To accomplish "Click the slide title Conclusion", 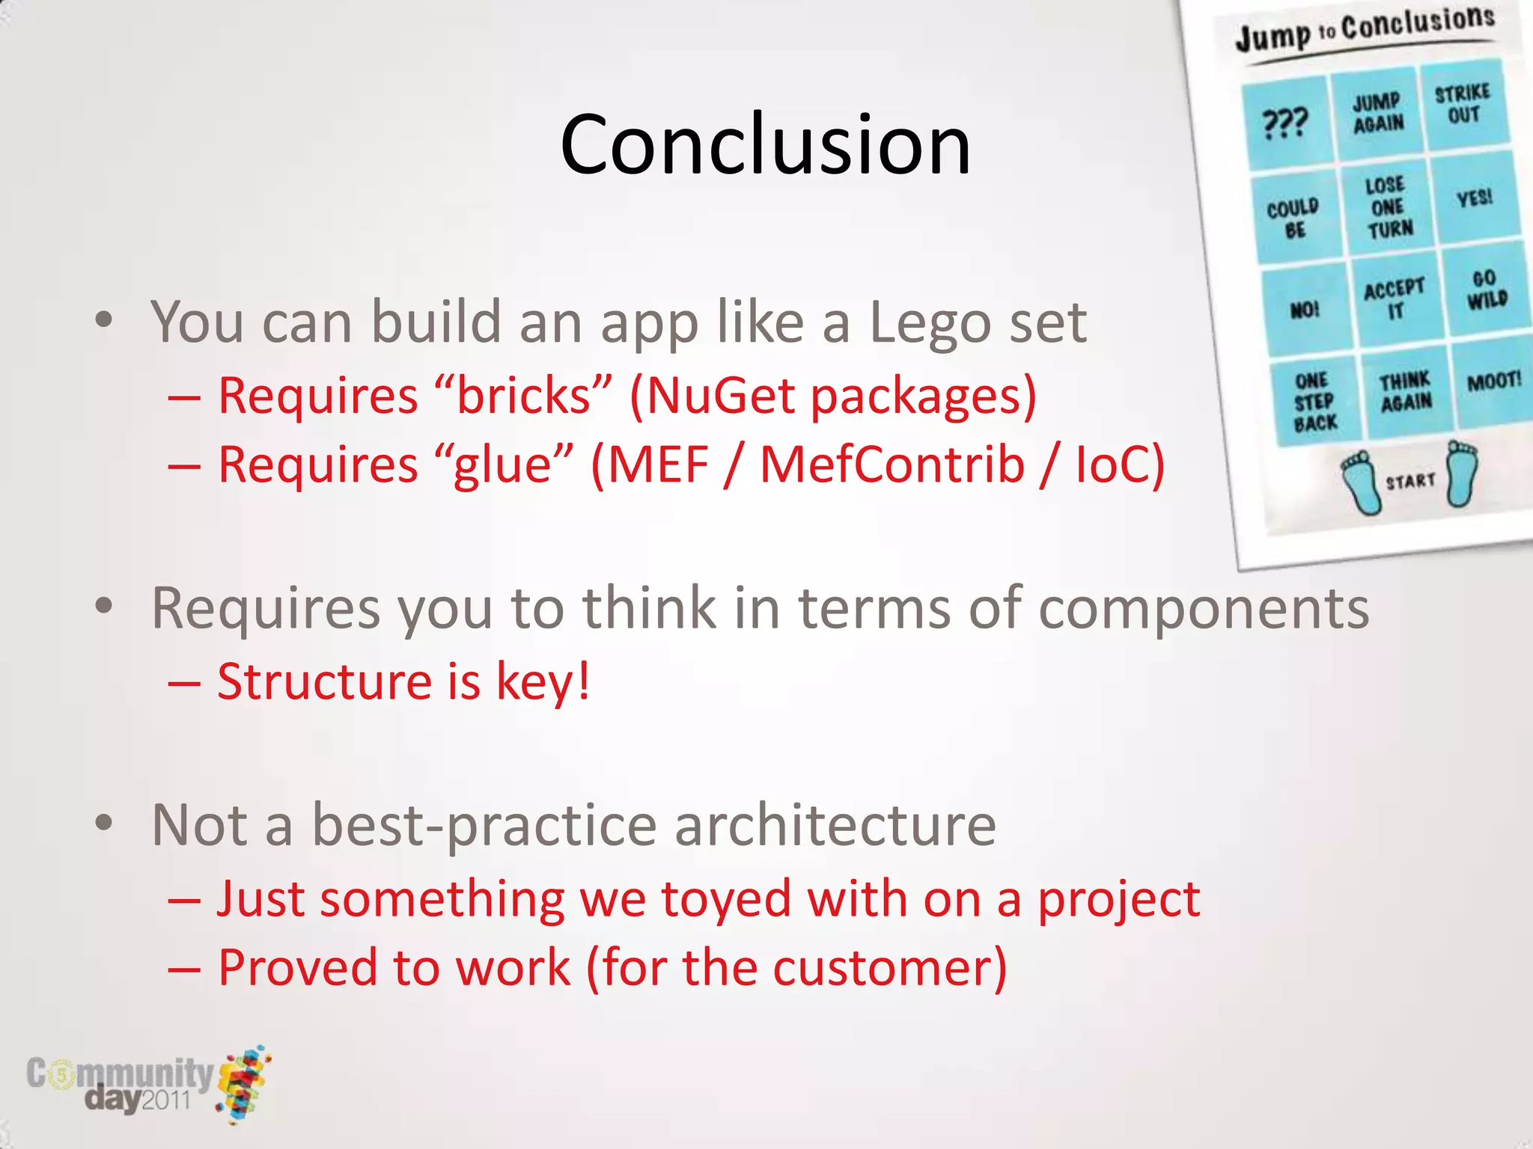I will (765, 144).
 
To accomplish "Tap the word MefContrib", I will (892, 465).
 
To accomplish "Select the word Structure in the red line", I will (324, 681).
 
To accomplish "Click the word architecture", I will (835, 825).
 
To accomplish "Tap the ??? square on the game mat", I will (1284, 124).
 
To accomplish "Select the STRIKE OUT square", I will (1463, 104).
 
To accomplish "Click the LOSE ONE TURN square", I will (1388, 207).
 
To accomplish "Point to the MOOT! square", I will (1493, 382).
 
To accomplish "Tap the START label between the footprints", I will (1410, 481).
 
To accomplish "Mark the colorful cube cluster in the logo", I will (244, 1082).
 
